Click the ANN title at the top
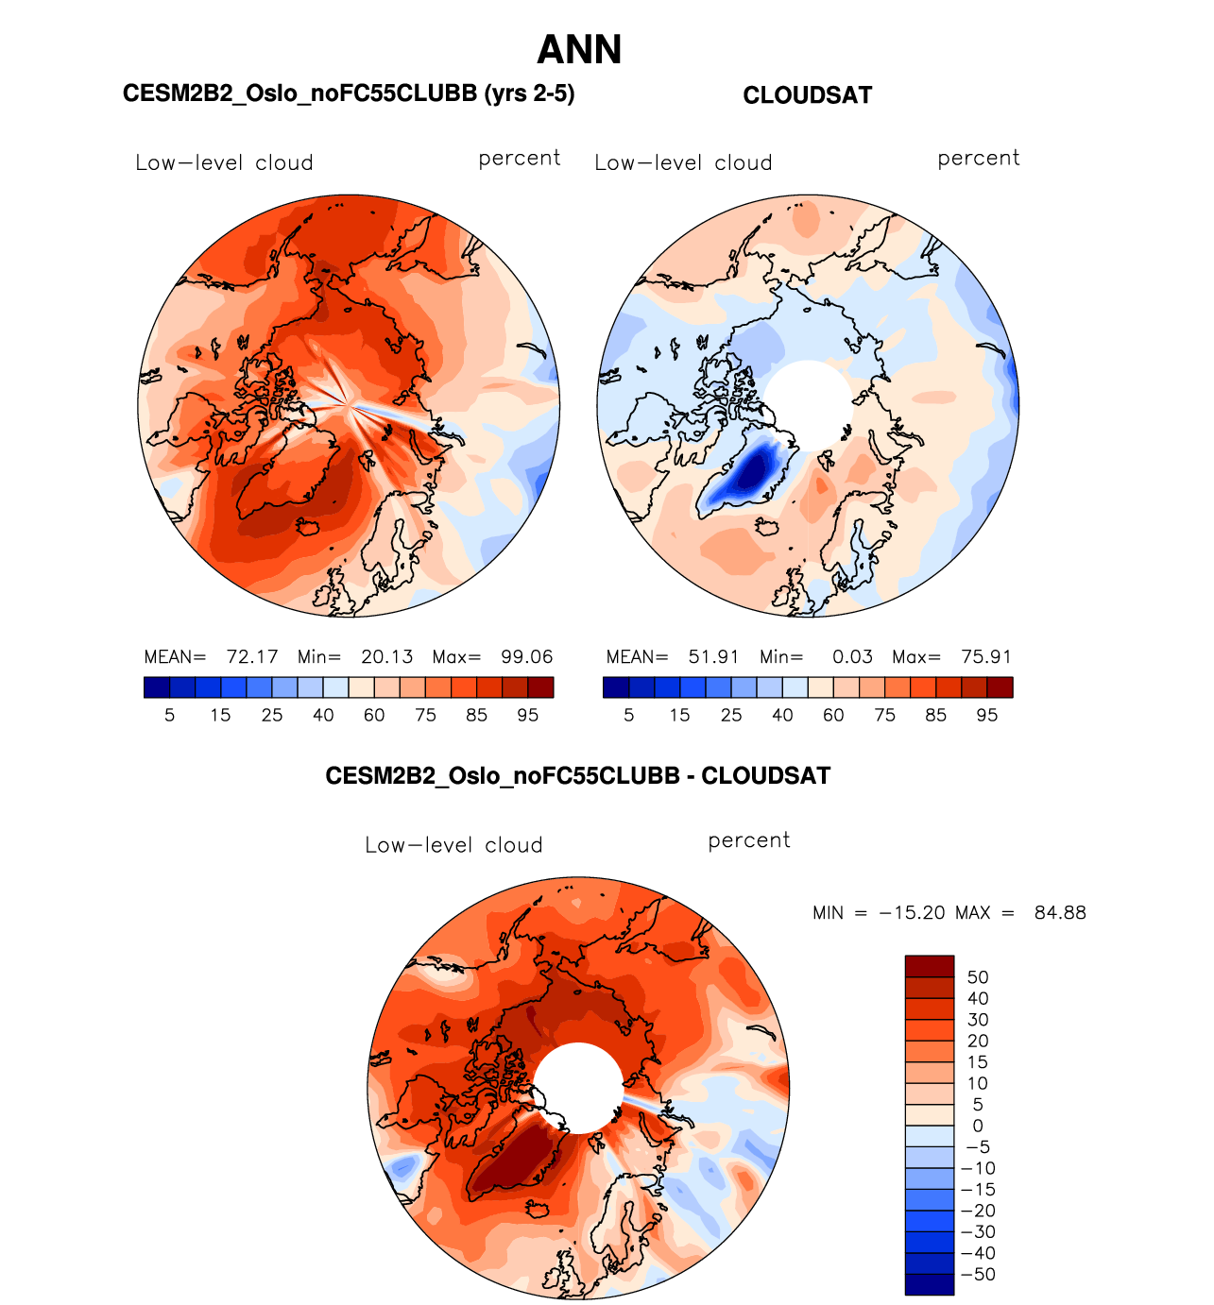[x=579, y=50]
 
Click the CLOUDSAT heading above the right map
[x=807, y=95]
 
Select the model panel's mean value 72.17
[x=252, y=657]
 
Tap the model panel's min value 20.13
[x=387, y=657]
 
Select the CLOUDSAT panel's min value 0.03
[x=852, y=657]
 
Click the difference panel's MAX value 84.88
[x=1060, y=913]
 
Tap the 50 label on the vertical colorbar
[x=978, y=977]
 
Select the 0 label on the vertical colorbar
[x=978, y=1126]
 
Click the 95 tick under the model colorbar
[x=527, y=716]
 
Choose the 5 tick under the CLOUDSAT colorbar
[x=629, y=716]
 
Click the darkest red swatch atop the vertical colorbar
[x=930, y=966]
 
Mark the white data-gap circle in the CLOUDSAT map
[x=808, y=403]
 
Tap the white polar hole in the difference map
[x=578, y=1086]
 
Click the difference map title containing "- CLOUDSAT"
[x=577, y=776]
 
